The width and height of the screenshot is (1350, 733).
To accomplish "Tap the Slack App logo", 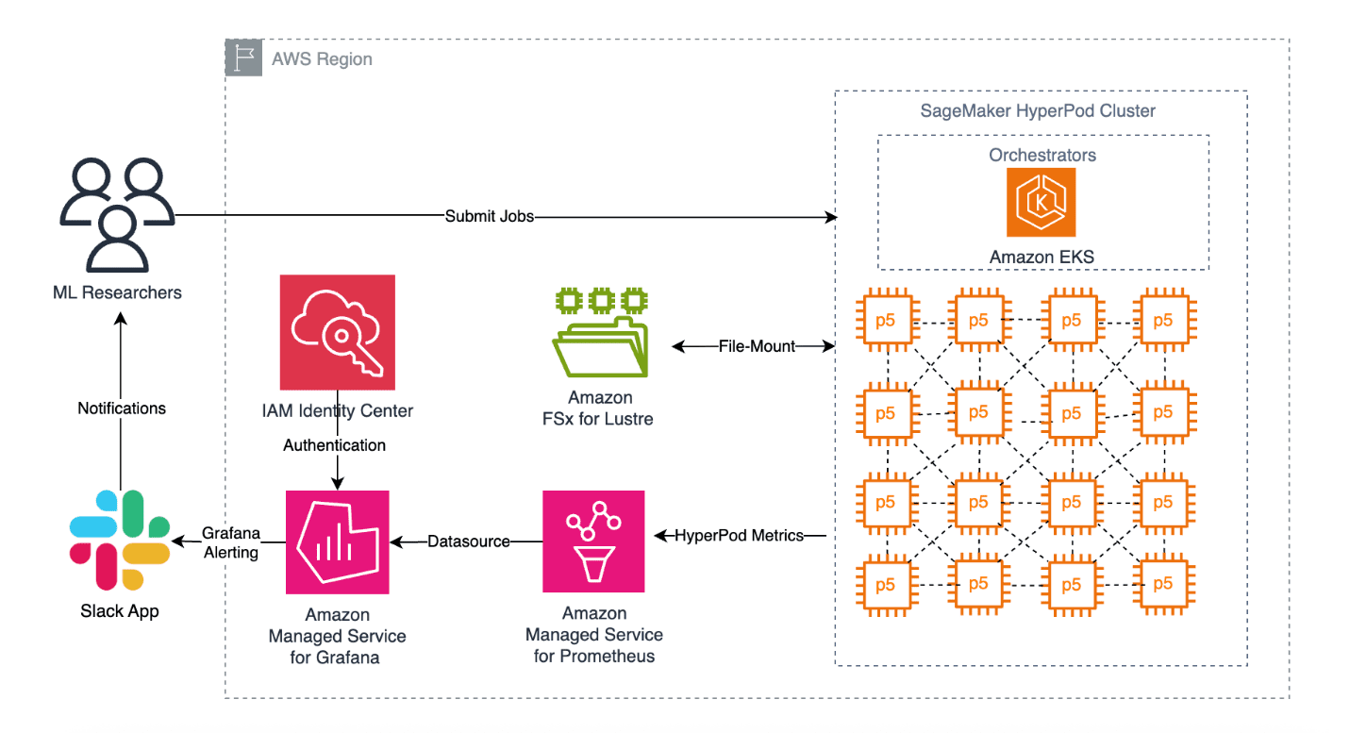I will pyautogui.click(x=120, y=541).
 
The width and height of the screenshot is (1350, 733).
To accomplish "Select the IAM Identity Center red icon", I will pyautogui.click(x=337, y=332).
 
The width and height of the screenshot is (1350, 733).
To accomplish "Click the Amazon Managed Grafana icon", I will pyautogui.click(x=337, y=541).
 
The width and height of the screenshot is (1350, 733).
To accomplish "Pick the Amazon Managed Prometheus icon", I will pyautogui.click(x=593, y=541).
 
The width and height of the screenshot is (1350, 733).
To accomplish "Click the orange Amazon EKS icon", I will pyautogui.click(x=1042, y=203).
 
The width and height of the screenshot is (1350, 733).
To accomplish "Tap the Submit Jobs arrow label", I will pyautogui.click(x=490, y=216).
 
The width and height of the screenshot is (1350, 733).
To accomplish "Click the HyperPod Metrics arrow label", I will pyautogui.click(x=739, y=536).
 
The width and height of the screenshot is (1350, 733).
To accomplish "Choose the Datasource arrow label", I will pyautogui.click(x=468, y=541).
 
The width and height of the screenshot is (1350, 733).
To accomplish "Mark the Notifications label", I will pyautogui.click(x=122, y=408).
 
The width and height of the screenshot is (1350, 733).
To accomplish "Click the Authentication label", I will pyautogui.click(x=335, y=444).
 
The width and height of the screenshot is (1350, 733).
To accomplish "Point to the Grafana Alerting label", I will pyautogui.click(x=231, y=543).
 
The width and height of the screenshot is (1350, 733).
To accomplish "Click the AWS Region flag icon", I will pyautogui.click(x=243, y=58).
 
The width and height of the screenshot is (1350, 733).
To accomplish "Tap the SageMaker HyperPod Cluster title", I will pyautogui.click(x=1038, y=110).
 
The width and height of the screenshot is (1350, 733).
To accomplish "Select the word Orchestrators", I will pyautogui.click(x=1042, y=154).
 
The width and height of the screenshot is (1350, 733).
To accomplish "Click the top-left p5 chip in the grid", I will pyautogui.click(x=886, y=320).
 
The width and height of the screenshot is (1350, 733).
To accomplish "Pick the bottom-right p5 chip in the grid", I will pyautogui.click(x=1163, y=584).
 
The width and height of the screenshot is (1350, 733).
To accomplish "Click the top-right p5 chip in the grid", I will pyautogui.click(x=1163, y=320).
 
